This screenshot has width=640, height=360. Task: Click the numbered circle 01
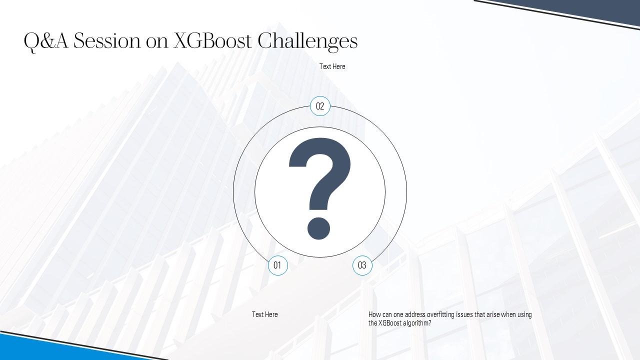tap(277, 265)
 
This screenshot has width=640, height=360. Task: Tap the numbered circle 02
tap(320, 106)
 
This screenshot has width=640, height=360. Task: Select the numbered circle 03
tap(362, 265)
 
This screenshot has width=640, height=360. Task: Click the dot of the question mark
tap(318, 228)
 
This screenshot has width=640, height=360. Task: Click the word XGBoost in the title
tap(212, 41)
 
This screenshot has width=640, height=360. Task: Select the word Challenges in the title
tap(307, 41)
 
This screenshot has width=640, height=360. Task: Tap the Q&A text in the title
tap(46, 41)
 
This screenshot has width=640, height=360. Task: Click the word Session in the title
tap(107, 41)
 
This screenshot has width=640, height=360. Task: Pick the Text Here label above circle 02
tap(332, 66)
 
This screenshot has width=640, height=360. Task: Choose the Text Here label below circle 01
tap(264, 314)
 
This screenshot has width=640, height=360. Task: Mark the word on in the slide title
tap(157, 43)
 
